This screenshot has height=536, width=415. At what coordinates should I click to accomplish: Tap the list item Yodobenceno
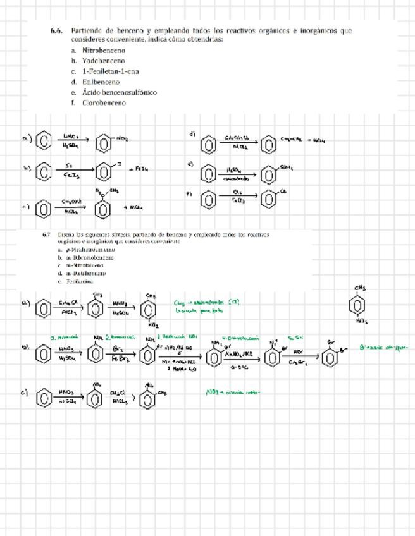[x=103, y=61]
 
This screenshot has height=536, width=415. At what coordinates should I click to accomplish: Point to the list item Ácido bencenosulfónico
[x=120, y=92]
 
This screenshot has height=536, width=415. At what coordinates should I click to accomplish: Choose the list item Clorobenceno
[x=104, y=102]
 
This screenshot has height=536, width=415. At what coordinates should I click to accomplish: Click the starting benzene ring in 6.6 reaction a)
[x=43, y=140]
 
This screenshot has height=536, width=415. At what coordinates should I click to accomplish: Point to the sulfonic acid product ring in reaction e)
[x=269, y=173]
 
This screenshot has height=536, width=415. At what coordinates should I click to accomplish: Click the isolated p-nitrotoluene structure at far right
[x=360, y=305]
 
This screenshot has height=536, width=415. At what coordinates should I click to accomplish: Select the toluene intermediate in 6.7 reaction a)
[x=96, y=309]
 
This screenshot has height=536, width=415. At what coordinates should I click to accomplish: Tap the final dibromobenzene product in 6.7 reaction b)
[x=330, y=357]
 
